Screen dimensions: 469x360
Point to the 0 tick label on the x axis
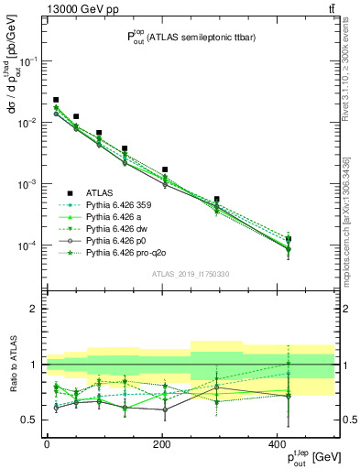point(47,442)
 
